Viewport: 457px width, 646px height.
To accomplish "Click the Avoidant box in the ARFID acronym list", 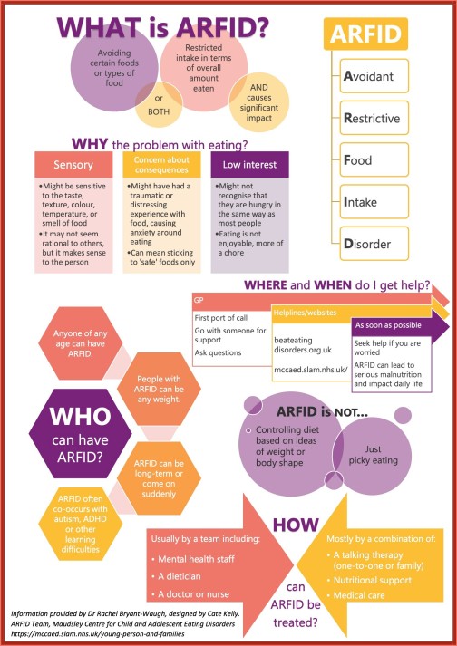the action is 374,76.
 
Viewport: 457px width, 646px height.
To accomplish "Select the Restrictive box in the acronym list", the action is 374,118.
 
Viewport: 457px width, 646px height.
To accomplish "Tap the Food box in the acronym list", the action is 374,159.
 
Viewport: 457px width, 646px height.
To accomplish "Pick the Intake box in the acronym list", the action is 374,202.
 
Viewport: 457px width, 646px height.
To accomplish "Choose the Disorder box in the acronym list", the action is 374,244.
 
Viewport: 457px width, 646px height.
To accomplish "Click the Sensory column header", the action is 73,164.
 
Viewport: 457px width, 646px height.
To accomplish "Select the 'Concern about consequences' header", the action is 161,164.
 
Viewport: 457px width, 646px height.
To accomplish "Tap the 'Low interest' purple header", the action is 249,164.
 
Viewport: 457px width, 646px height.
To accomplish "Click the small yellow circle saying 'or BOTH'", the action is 159,104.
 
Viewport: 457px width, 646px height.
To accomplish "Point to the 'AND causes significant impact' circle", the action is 259,101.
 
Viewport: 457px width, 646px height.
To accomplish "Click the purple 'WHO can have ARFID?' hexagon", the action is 80,433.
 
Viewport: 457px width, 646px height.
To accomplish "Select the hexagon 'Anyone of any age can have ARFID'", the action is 81,343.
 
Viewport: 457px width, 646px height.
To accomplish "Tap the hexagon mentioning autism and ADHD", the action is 81,524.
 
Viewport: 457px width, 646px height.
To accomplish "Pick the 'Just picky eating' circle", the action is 374,455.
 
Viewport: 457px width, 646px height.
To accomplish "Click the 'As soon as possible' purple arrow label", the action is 388,325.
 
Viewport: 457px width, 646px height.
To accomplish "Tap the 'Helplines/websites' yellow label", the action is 305,313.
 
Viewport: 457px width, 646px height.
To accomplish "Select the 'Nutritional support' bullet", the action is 370,580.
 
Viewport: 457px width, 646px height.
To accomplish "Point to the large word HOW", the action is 296,525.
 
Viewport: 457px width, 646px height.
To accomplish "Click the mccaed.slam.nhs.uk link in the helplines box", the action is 311,369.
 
